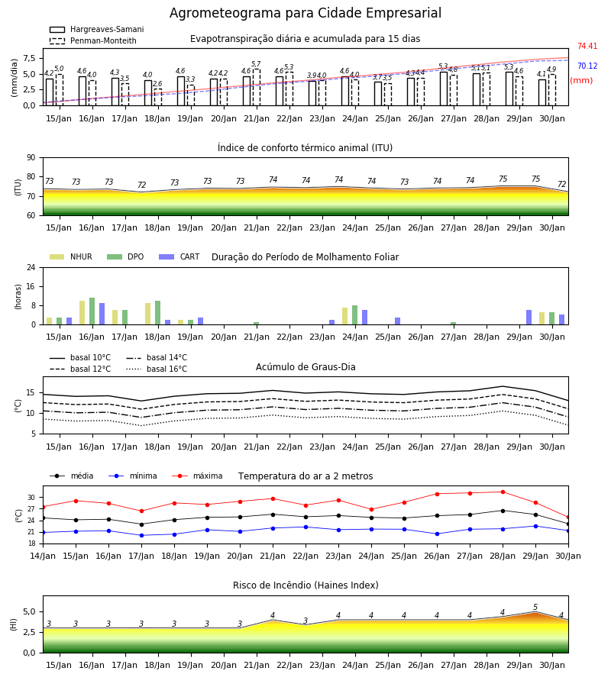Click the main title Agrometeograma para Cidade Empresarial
pos(305,13)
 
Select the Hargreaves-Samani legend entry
pos(96,29)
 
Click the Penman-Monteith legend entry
pos(93,40)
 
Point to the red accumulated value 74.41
pos(587,46)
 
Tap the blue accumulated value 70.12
pos(587,66)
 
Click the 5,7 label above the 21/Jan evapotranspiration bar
pos(256,64)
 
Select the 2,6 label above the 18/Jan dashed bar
pos(157,84)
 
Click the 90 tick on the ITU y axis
pos(31,158)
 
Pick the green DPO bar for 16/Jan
pos(92,311)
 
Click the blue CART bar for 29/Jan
pos(529,318)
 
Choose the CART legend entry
pos(179,256)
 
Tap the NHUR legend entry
pos(71,256)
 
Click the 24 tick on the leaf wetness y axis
pos(31,267)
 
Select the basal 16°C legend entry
pos(157,369)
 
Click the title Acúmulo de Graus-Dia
pos(305,367)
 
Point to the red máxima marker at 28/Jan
pos(503,492)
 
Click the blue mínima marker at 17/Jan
pos(141,535)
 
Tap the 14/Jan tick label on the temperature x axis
pos(43,556)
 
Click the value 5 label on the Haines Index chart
pos(535,608)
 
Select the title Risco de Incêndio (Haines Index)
pos(305,585)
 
